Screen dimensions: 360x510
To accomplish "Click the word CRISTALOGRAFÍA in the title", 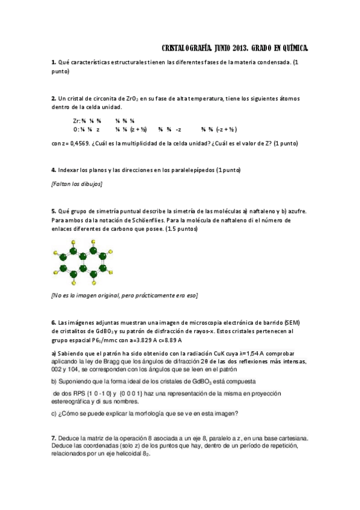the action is click(x=188, y=48).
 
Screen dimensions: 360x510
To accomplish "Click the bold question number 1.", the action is click(x=53, y=63).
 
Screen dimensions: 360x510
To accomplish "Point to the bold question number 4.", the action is click(x=53, y=170).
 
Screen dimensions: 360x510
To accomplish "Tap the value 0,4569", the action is click(x=78, y=144).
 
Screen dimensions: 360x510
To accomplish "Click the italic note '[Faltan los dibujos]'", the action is click(x=77, y=183).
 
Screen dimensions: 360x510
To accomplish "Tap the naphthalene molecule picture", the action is click(x=83, y=261).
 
